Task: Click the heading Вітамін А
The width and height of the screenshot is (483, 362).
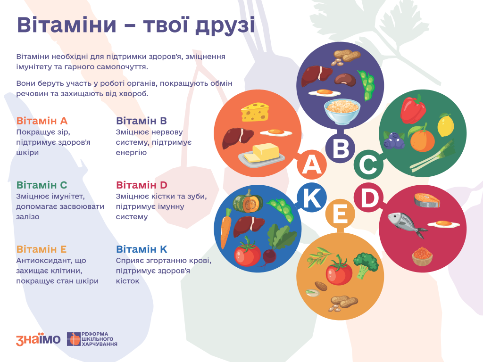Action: pos(42,121)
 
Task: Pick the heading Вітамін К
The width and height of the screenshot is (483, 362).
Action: pos(142,249)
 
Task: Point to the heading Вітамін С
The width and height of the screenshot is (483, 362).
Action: pos(42,185)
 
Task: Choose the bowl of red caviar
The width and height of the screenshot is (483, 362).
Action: pos(423,256)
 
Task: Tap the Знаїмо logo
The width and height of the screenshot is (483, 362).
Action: pos(38,339)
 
